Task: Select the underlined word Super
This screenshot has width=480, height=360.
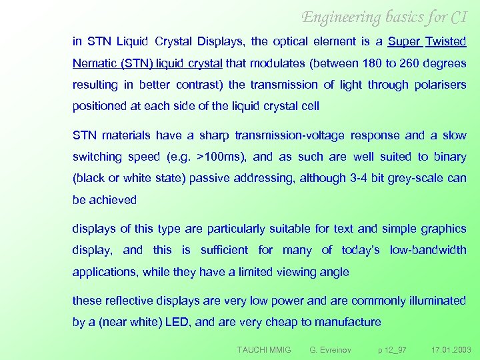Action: click(x=404, y=41)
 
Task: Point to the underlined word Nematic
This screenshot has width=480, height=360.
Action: click(x=94, y=63)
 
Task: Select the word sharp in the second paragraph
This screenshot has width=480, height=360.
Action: click(x=209, y=135)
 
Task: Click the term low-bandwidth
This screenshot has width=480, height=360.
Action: click(x=429, y=250)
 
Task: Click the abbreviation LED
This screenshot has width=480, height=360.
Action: click(x=177, y=322)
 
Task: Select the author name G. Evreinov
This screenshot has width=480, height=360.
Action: click(x=330, y=349)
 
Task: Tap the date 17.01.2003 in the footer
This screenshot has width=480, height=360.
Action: click(x=451, y=349)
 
